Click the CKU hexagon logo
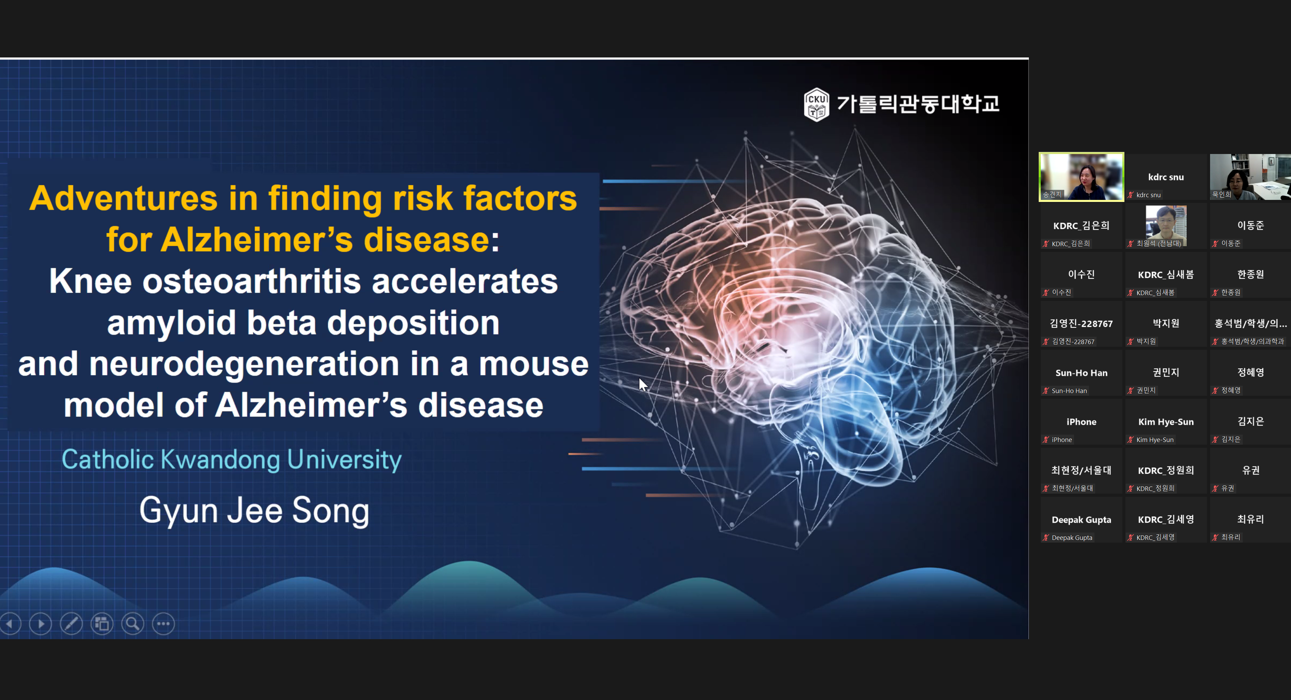[816, 104]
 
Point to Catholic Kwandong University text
[232, 460]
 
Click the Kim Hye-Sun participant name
[1166, 422]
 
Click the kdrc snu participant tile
[1166, 177]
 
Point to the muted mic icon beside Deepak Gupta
[1046, 537]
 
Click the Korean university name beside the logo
[918, 104]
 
